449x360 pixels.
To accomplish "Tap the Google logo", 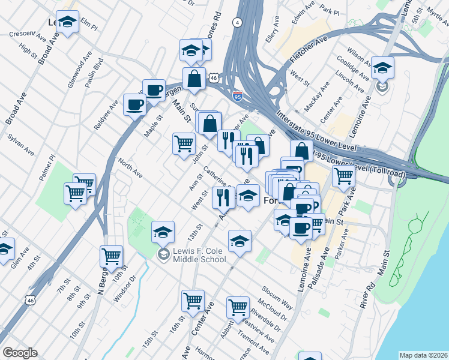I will (x=20, y=353).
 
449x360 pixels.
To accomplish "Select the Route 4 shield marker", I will (x=238, y=23).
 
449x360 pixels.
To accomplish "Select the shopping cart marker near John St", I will (x=183, y=143).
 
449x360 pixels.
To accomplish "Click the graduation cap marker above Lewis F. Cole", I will (x=163, y=231).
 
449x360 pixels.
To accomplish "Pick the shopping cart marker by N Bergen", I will (x=112, y=256).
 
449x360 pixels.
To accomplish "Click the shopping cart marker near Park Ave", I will (x=343, y=175).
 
